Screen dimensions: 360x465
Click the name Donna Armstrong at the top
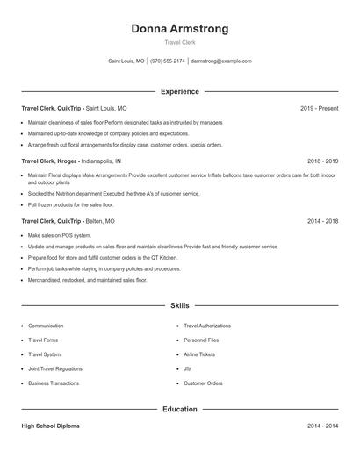tap(179, 29)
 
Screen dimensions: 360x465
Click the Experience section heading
tap(179, 91)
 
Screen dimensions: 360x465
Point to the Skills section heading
tap(179, 306)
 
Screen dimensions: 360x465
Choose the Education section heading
tap(179, 409)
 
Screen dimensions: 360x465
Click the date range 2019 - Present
tap(319, 108)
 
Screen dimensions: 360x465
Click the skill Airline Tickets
tap(199, 354)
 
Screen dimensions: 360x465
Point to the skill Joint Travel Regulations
tap(56, 369)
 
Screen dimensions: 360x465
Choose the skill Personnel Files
tap(201, 340)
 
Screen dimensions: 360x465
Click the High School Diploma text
tap(52, 426)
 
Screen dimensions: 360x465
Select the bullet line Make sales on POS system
tap(60, 236)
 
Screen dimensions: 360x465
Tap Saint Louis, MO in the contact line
tap(126, 61)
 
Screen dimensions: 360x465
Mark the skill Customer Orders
tap(203, 383)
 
